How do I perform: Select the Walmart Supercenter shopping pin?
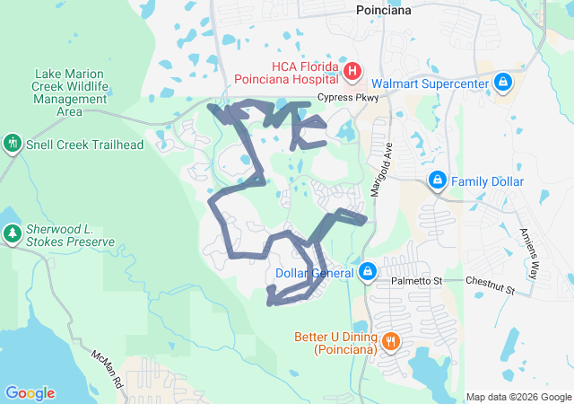pyautogui.click(x=503, y=83)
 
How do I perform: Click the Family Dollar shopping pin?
pyautogui.click(x=438, y=180)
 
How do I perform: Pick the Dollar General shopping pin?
pyautogui.click(x=367, y=270)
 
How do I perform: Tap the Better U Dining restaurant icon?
pyautogui.click(x=391, y=341)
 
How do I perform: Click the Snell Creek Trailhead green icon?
pyautogui.click(x=12, y=143)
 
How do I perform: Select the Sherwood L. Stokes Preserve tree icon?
pyautogui.click(x=12, y=234)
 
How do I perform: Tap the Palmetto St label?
pyautogui.click(x=418, y=281)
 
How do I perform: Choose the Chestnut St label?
pyautogui.click(x=490, y=286)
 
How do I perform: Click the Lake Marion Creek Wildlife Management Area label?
pyautogui.click(x=70, y=92)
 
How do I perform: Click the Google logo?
pyautogui.click(x=30, y=393)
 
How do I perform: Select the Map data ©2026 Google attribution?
pyautogui.click(x=517, y=397)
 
